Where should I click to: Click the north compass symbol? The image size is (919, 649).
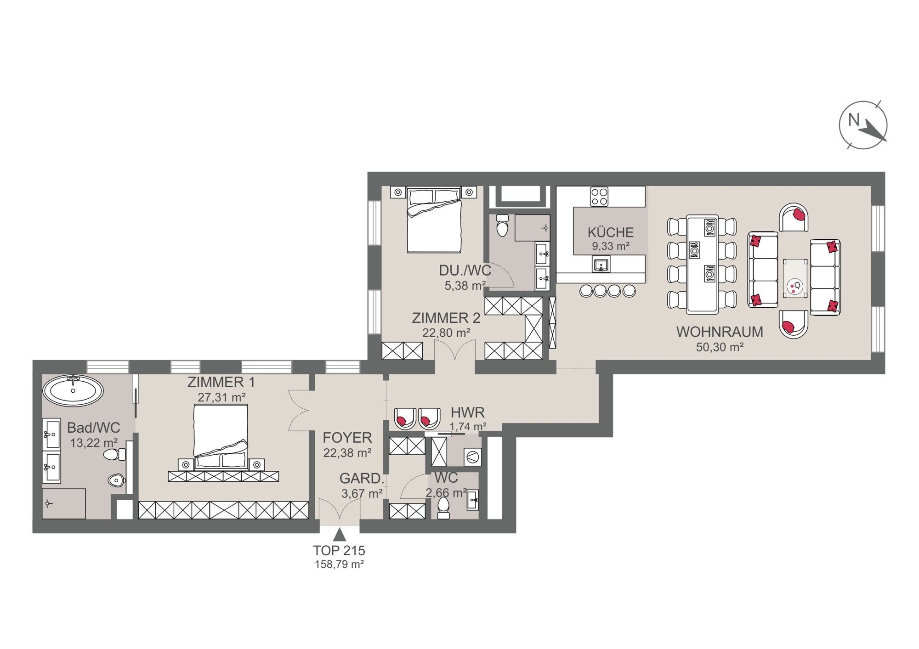coord(863,125)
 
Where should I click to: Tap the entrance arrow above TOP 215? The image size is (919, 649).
coord(340,534)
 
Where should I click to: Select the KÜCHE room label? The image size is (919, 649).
coord(610,232)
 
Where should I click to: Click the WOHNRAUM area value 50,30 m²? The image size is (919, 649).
coord(720,347)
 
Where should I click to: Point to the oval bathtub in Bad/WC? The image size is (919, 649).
coord(73,391)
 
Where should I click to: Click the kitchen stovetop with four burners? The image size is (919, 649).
coord(599,197)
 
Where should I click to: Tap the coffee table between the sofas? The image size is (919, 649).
coord(795,278)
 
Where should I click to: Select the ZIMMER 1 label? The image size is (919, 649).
coord(221,382)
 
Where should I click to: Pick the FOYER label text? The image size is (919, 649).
coord(347,438)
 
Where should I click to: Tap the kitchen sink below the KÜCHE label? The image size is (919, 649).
coord(601,265)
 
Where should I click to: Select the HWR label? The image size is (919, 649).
coord(468,412)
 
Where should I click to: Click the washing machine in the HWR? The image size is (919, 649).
coord(472,457)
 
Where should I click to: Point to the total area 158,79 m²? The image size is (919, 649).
coord(339,564)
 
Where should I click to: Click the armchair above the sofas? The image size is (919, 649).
coord(794,217)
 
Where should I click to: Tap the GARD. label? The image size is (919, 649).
coord(362,479)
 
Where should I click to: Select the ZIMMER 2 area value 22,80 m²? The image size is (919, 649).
coord(446,333)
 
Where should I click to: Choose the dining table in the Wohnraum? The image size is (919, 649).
coord(702,264)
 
